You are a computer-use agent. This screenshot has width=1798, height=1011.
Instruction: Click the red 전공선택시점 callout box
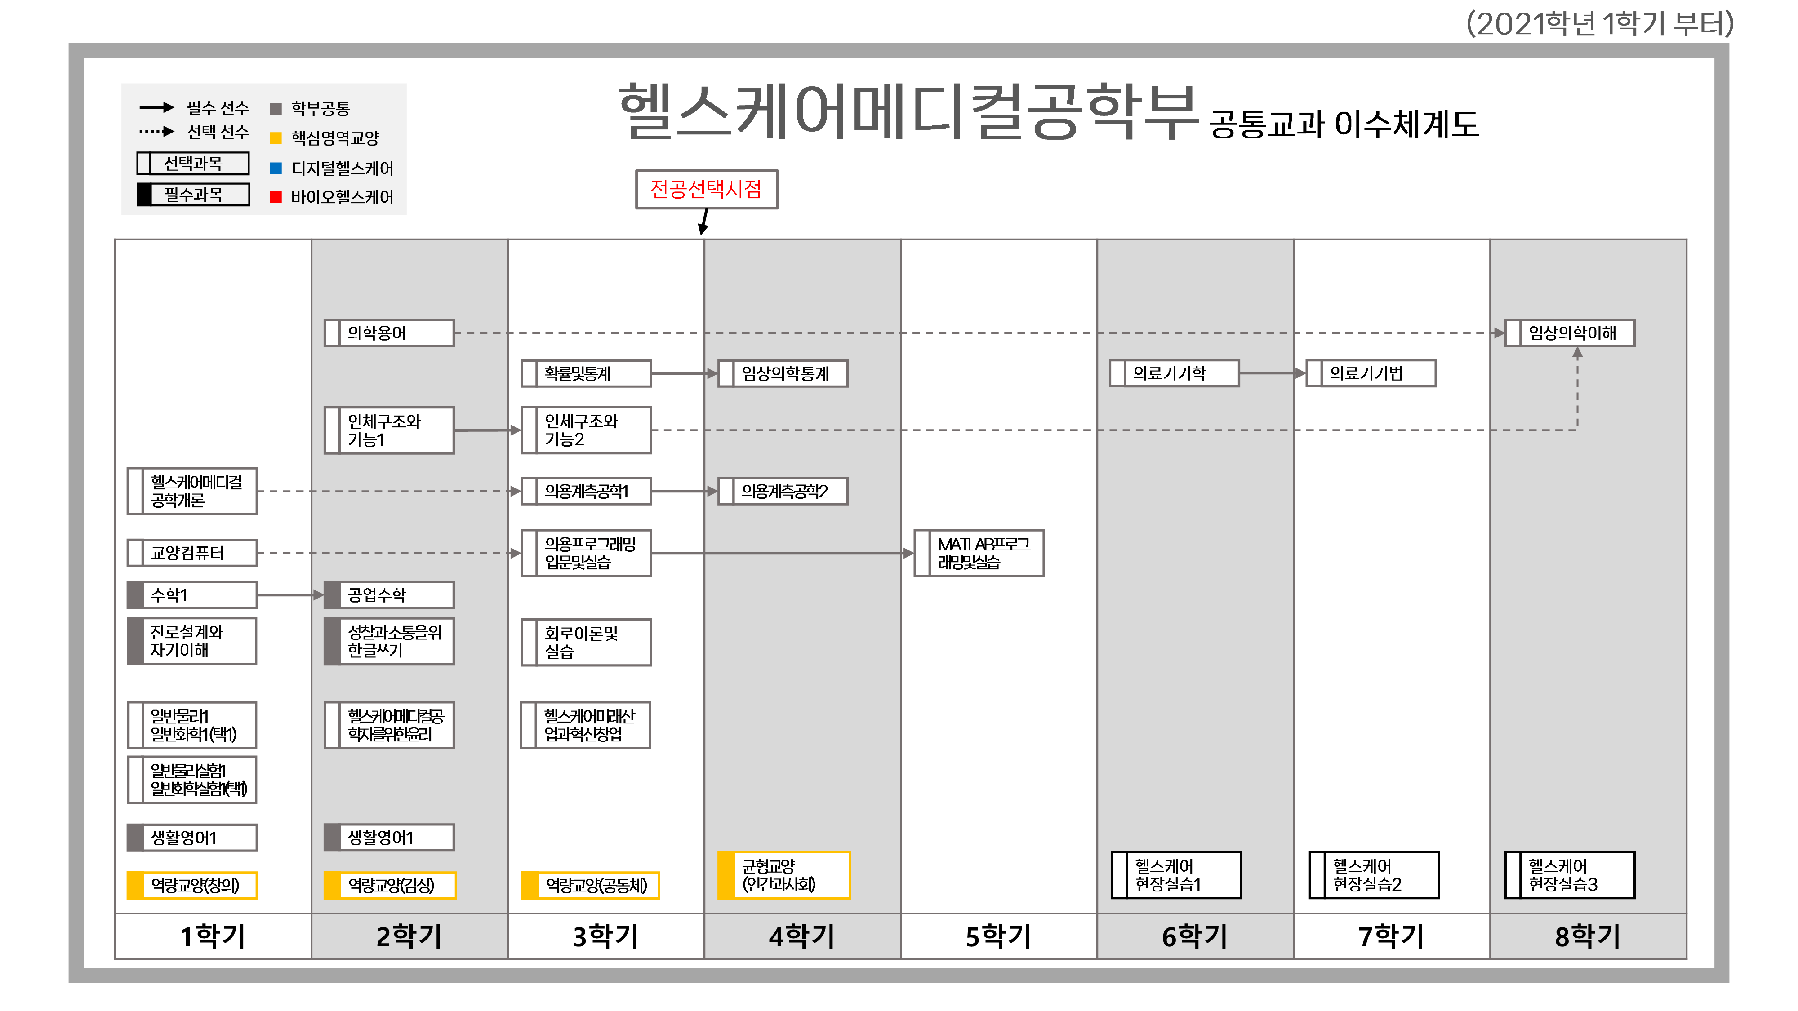point(706,189)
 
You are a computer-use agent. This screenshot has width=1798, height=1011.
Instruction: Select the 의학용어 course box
point(389,333)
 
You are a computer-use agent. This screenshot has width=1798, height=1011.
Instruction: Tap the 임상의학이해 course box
point(1570,333)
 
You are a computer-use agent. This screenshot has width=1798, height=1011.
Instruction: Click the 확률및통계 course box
point(586,373)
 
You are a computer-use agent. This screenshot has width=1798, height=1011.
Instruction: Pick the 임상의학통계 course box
point(783,373)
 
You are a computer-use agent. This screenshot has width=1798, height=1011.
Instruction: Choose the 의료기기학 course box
point(1175,373)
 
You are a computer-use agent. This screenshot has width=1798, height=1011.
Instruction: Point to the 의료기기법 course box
point(1371,373)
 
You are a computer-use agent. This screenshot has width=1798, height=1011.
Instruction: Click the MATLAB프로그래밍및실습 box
point(979,553)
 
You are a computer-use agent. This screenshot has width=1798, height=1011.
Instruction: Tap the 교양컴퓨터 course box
point(192,553)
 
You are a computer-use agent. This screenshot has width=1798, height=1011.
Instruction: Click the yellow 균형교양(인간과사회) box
point(784,875)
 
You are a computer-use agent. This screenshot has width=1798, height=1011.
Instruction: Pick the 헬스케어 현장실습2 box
point(1374,875)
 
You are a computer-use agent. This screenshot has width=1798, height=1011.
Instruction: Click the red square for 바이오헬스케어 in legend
point(276,197)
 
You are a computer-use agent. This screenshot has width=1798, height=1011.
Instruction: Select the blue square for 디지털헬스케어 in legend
point(276,168)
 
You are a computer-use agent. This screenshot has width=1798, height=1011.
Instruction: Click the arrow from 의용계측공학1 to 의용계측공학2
point(684,491)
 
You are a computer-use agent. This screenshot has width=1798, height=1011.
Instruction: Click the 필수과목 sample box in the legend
point(193,195)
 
